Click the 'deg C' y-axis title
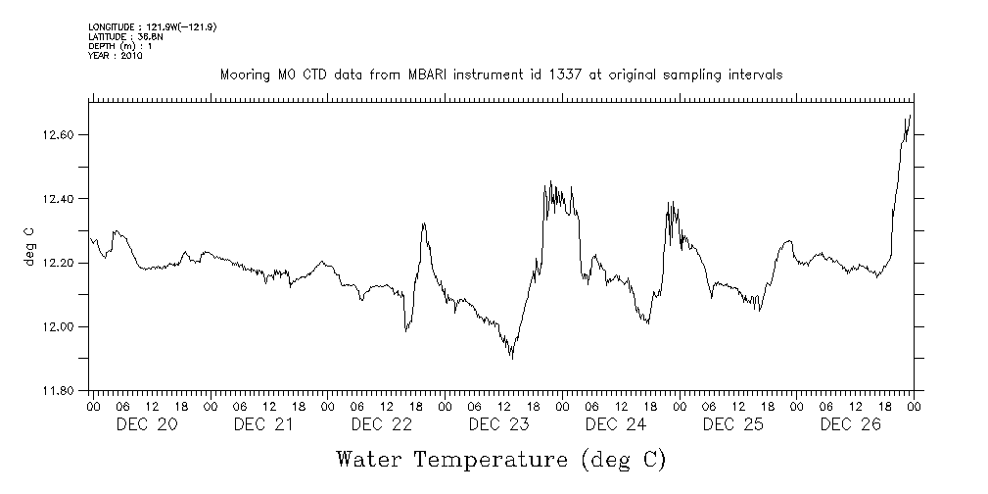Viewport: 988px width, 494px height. [x=28, y=245]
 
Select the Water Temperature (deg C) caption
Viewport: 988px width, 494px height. [x=500, y=459]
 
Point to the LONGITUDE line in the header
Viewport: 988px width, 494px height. [x=152, y=27]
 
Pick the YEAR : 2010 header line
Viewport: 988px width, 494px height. [x=116, y=57]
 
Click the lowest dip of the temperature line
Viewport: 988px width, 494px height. [x=512, y=359]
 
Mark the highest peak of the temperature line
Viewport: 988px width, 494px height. [x=911, y=116]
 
